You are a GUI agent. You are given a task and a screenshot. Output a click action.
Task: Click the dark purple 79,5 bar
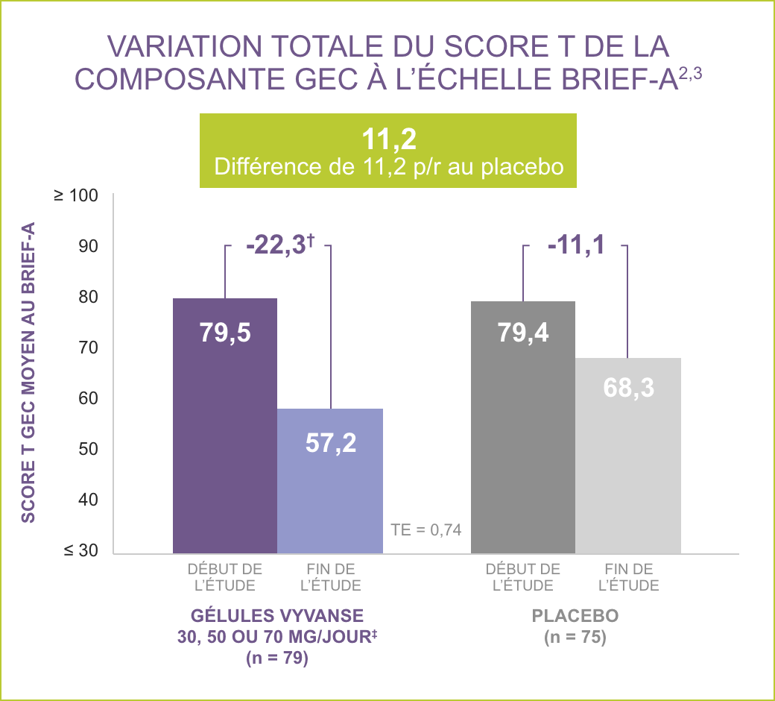pyautogui.click(x=225, y=425)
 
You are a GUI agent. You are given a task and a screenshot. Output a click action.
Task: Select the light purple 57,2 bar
pyautogui.click(x=330, y=481)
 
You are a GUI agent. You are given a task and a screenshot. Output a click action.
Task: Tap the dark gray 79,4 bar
pyautogui.click(x=523, y=427)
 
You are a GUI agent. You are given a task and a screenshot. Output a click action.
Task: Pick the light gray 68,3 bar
pyautogui.click(x=628, y=455)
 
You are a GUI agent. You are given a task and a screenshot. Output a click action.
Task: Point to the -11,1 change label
pyautogui.click(x=575, y=245)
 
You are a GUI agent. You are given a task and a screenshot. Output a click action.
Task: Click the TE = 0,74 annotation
pyautogui.click(x=426, y=530)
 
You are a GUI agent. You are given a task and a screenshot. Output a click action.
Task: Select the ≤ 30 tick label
pyautogui.click(x=80, y=550)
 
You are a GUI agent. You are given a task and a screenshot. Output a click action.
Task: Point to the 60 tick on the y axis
pyautogui.click(x=86, y=398)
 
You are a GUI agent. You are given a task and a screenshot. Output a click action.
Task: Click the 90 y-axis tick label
pyautogui.click(x=86, y=246)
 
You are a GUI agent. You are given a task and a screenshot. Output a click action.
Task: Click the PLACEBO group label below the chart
pyautogui.click(x=575, y=617)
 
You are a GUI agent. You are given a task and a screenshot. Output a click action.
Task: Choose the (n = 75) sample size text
pyautogui.click(x=575, y=638)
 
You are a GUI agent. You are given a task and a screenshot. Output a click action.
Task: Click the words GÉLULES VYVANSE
pyautogui.click(x=277, y=617)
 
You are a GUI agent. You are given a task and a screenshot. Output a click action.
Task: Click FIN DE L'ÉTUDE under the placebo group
pyautogui.click(x=629, y=577)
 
